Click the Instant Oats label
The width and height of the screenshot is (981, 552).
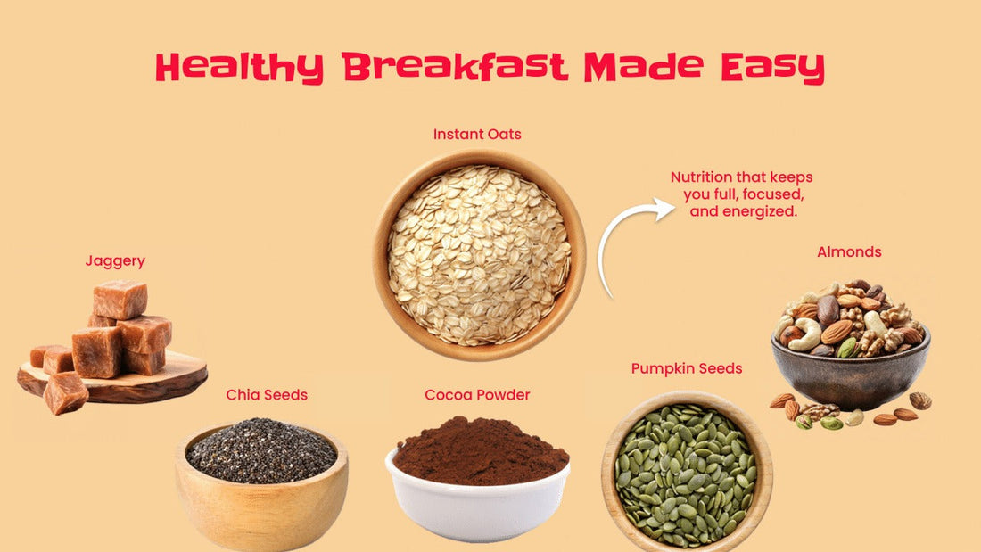pos(477,135)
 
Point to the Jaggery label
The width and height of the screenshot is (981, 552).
pos(115,261)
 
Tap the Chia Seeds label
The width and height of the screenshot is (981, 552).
pos(267,394)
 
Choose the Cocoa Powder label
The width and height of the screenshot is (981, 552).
pos(478,394)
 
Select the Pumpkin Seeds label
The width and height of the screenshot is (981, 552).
pos(687,368)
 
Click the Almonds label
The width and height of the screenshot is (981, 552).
pos(849,252)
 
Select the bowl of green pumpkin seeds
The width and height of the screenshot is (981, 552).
pos(687,472)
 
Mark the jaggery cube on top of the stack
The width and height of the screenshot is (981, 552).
pos(119,299)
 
